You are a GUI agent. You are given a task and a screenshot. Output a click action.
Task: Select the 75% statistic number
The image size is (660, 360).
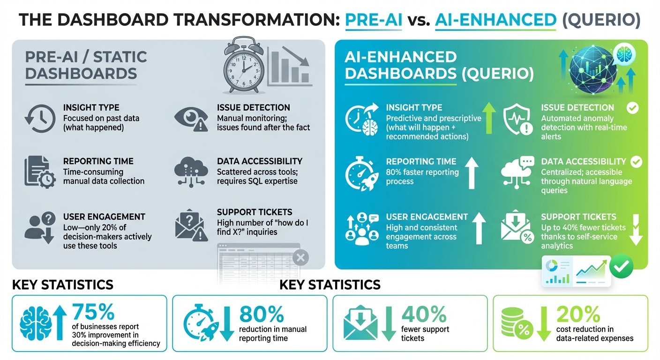coord(93,313)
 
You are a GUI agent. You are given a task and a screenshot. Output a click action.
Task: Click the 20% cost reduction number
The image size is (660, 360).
coord(578,313)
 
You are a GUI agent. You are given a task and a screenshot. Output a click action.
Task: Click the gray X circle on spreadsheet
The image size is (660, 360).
coord(300,257)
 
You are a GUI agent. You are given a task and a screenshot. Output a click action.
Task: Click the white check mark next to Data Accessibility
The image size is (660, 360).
coord(636,162)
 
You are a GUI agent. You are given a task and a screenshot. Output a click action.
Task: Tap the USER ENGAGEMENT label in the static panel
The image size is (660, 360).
coord(104,217)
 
